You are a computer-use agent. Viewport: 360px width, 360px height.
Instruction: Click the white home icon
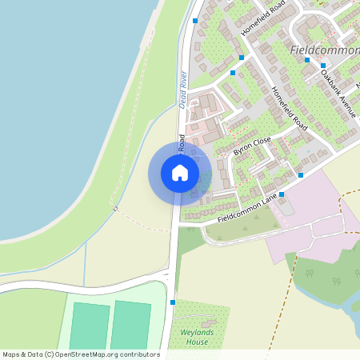pos(180,173)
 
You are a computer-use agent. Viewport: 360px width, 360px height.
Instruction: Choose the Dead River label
pos(183,90)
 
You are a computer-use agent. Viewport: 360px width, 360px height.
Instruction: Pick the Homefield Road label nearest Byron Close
pos(289,109)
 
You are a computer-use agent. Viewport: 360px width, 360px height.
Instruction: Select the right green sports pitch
pos(130,326)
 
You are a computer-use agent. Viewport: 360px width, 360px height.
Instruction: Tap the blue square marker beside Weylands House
pos(173,302)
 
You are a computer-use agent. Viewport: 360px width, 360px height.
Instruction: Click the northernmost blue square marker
pos(195,21)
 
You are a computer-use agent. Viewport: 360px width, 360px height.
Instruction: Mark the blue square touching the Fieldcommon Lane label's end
pos(301,174)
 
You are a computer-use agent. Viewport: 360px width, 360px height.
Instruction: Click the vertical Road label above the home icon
pos(182,143)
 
